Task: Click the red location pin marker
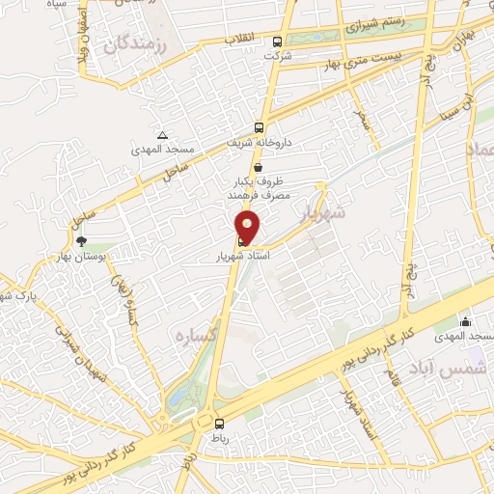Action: tap(248, 228)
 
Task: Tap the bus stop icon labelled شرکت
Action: tap(278, 41)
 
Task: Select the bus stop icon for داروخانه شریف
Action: tap(259, 127)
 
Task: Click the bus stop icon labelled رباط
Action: tap(219, 423)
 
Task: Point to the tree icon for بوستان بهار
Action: tap(81, 241)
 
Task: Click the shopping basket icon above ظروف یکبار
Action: tap(258, 167)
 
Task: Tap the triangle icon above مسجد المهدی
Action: tap(162, 135)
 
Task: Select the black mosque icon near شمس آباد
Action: tap(467, 321)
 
